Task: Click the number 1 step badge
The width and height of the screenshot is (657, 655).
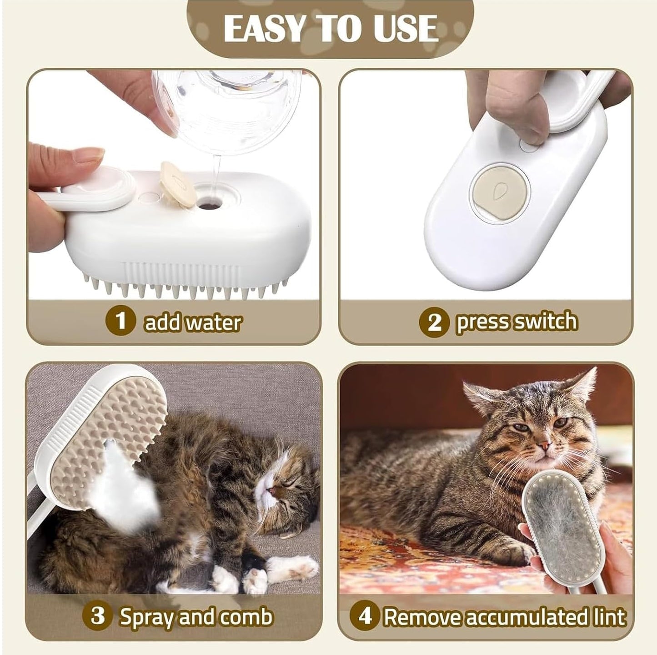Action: tap(120, 322)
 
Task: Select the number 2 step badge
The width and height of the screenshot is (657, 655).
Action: tap(434, 322)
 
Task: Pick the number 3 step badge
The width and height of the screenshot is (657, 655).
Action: tap(97, 617)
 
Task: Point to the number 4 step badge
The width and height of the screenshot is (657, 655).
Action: tap(365, 617)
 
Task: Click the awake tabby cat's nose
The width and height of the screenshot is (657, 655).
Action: tap(542, 444)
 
